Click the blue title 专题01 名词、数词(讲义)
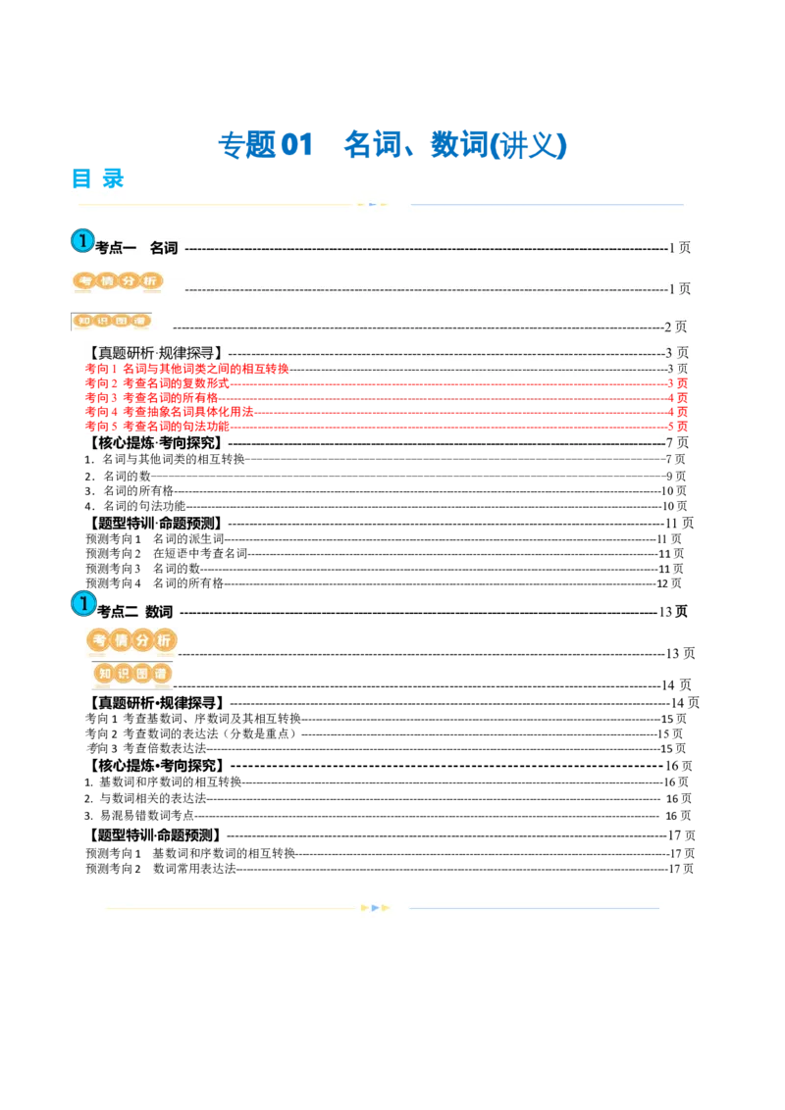392,145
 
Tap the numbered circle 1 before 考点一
82,241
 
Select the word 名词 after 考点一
164,248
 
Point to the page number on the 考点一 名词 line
679,249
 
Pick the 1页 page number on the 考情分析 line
679,288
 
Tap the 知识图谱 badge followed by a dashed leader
113,321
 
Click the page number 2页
676,327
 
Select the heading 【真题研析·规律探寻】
155,353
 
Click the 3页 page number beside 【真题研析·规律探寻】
677,353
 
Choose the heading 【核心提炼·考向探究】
155,444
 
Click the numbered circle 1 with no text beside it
84,604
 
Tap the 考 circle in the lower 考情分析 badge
99,640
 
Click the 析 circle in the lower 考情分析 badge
164,640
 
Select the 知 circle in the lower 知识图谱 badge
105,674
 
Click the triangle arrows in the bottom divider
376,908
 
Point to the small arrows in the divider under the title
371,205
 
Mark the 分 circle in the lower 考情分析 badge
142,640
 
